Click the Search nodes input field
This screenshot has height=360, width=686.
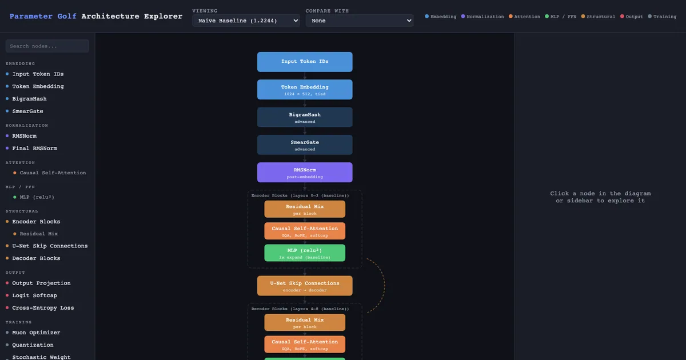47,46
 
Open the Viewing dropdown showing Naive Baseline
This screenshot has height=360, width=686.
246,21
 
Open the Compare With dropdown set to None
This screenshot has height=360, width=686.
360,21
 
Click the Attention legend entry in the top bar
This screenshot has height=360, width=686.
524,17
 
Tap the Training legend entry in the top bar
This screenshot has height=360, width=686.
662,17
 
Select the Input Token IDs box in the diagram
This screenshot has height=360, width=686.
305,62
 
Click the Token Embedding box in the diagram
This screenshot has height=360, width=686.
305,89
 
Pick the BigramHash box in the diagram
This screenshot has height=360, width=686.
305,117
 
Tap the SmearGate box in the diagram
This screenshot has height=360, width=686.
305,145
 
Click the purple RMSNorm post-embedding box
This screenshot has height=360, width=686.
305,173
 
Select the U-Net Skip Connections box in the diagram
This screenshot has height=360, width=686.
305,286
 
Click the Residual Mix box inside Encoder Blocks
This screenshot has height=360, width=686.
305,209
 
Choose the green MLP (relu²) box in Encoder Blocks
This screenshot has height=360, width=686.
305,253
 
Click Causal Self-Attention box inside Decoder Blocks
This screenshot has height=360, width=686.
305,345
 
